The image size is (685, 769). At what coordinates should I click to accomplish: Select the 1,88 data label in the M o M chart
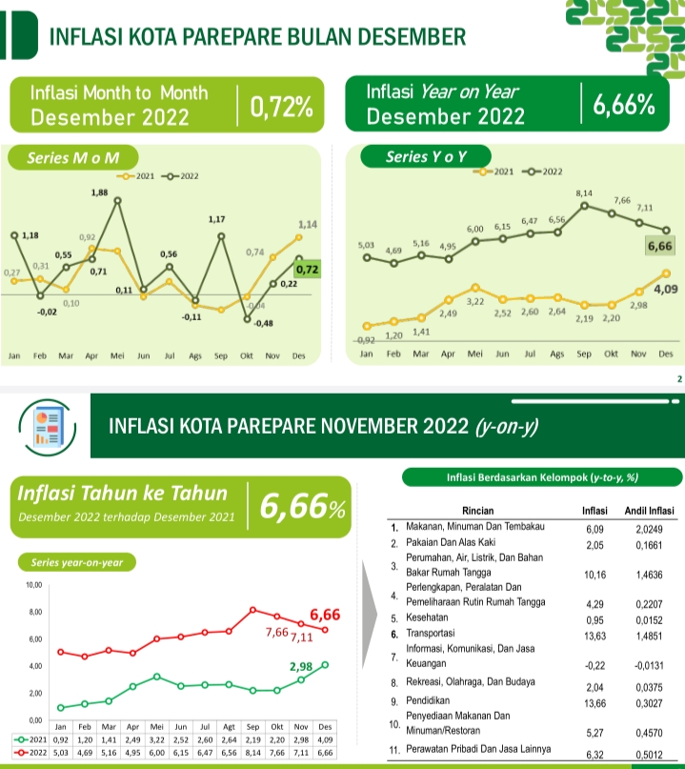[x=99, y=193]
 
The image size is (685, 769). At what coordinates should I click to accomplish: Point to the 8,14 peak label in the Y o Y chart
[x=584, y=193]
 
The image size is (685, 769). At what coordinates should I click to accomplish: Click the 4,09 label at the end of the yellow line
[x=665, y=287]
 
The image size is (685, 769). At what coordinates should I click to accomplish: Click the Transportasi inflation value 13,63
[x=593, y=634]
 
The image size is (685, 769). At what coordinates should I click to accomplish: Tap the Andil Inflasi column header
[x=648, y=511]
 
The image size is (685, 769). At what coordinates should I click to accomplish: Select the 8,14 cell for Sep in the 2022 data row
[x=252, y=751]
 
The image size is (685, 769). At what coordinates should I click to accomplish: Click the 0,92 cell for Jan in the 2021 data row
[x=59, y=739]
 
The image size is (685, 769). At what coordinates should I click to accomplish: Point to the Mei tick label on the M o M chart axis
[x=118, y=355]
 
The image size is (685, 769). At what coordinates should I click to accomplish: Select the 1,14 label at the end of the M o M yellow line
[x=307, y=224]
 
